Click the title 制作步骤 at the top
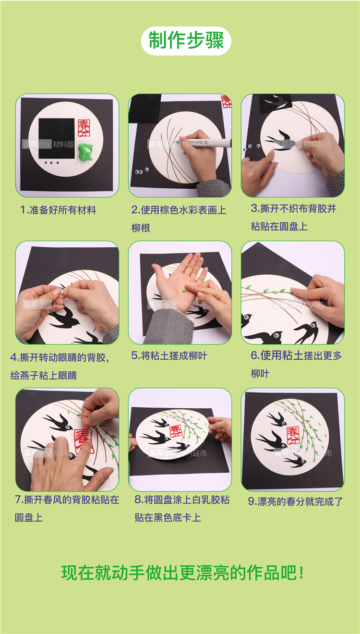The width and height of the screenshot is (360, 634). [186, 40]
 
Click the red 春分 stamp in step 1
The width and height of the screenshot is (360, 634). [84, 128]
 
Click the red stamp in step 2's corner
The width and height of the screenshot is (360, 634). [227, 102]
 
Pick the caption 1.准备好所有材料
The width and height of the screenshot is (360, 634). [58, 210]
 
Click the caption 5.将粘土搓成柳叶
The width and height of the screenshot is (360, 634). [169, 356]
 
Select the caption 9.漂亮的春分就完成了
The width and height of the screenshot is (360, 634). [296, 502]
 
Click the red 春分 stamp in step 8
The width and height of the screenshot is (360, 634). [176, 431]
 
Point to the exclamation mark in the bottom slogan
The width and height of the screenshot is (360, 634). [301, 573]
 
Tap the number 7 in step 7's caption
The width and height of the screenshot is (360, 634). [18, 500]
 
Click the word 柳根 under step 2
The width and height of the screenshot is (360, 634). [141, 228]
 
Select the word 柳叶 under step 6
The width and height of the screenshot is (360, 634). [260, 374]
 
